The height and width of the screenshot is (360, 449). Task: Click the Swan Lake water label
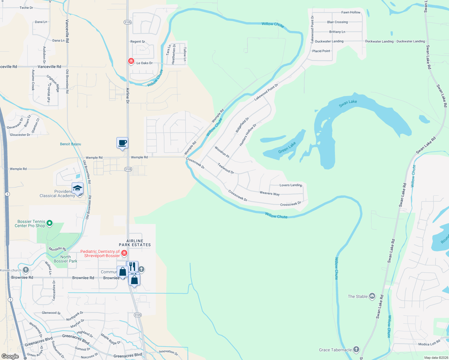click(348, 103)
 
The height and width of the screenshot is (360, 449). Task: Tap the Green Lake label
click(287, 148)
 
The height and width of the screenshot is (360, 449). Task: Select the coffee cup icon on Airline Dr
click(122, 143)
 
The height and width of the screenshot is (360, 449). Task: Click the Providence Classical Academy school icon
click(77, 188)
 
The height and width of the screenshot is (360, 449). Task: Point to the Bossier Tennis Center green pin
click(50, 223)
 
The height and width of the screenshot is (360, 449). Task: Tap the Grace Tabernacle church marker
click(356, 349)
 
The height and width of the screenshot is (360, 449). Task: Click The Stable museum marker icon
click(372, 296)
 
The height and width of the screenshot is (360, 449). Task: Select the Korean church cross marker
click(26, 270)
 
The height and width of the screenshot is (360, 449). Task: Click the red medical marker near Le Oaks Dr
click(131, 61)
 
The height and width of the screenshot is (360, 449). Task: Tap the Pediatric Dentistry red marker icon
click(124, 253)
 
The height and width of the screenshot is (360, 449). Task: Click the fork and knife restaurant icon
click(132, 266)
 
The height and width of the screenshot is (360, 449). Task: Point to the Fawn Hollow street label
click(351, 12)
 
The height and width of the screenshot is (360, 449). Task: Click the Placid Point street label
click(321, 51)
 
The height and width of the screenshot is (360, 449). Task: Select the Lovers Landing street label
click(291, 185)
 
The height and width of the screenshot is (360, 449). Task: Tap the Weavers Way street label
click(270, 193)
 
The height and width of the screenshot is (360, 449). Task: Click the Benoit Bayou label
click(71, 144)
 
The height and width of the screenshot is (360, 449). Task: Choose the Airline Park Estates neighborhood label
click(135, 243)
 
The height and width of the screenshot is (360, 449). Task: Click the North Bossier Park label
click(65, 259)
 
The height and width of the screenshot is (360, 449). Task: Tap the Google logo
click(10, 356)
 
